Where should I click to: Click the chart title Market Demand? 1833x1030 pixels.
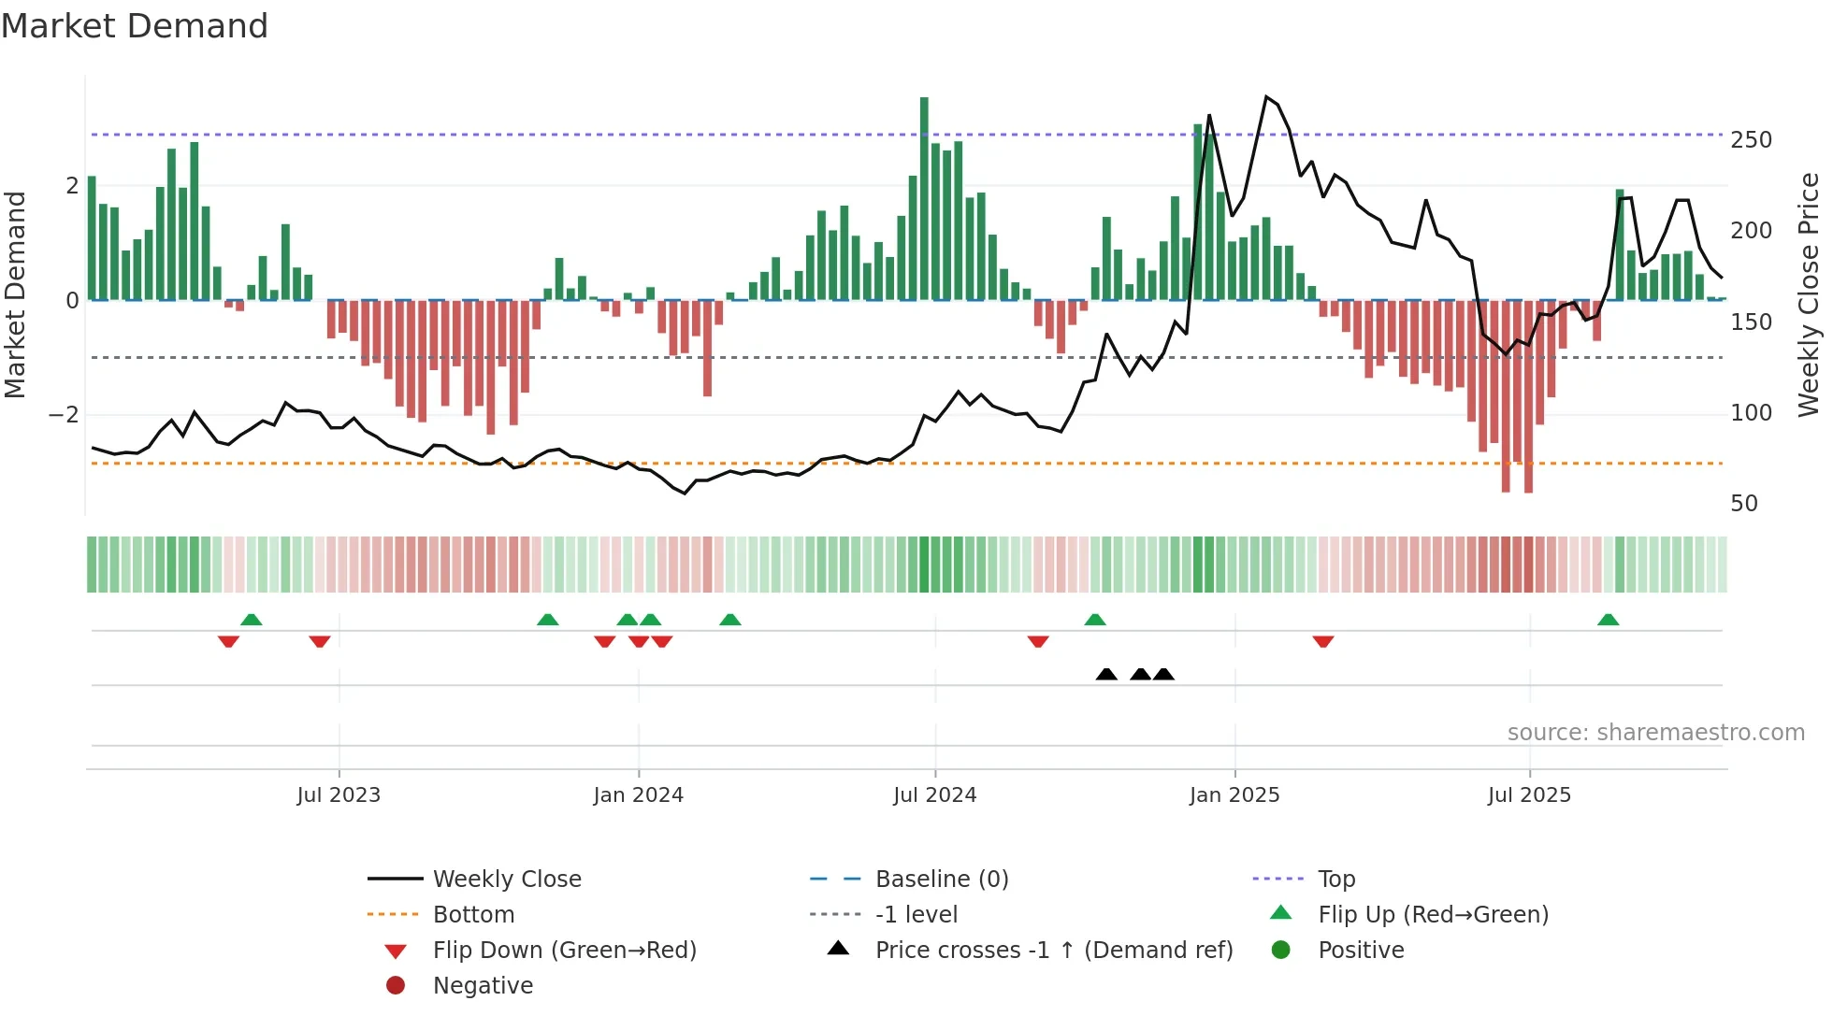click(135, 26)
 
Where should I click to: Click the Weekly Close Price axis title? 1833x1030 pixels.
click(1809, 294)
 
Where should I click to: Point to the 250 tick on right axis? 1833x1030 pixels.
click(1751, 140)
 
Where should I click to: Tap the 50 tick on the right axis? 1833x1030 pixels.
click(1744, 504)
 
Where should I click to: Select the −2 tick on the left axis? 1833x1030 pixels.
click(64, 415)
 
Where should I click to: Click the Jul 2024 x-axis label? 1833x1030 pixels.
click(934, 795)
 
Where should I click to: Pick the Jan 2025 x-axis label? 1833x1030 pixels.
click(1234, 795)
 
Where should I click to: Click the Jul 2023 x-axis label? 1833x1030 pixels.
click(339, 795)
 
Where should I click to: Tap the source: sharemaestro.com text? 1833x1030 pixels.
click(1655, 733)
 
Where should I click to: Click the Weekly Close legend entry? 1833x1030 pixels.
click(506, 880)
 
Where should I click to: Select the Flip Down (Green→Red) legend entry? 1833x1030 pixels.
click(564, 951)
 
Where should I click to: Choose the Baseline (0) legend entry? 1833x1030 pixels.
click(941, 880)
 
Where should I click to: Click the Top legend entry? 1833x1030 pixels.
click(1335, 880)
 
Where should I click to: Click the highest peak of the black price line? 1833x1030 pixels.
click(1266, 97)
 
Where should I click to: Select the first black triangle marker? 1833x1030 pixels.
click(1106, 674)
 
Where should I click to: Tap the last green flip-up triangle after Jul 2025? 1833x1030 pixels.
click(1608, 620)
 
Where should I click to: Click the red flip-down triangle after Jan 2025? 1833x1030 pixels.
click(1322, 641)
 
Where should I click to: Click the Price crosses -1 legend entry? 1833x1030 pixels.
click(1053, 951)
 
